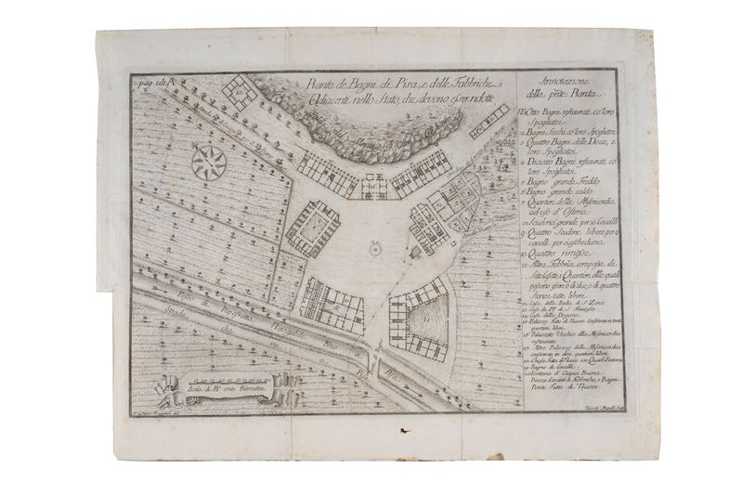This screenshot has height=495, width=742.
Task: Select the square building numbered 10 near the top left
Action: coord(239,92)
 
